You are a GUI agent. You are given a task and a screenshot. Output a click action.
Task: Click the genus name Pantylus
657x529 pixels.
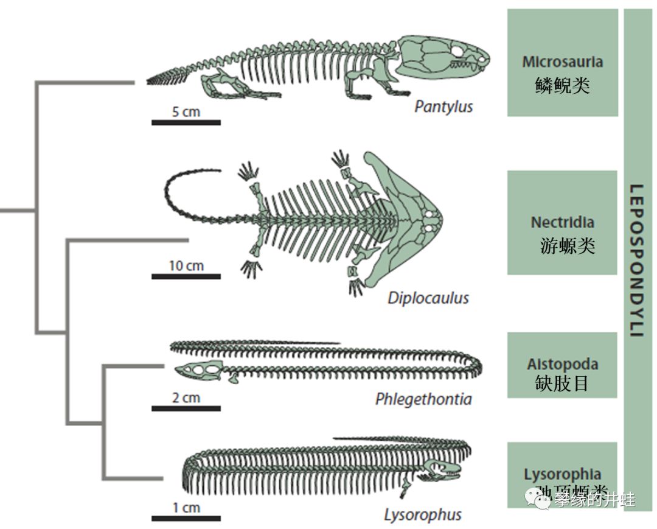(443, 107)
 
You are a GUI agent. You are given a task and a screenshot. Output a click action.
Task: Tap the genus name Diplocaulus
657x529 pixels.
(428, 298)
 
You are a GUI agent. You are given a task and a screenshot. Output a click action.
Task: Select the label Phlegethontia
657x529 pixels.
(423, 399)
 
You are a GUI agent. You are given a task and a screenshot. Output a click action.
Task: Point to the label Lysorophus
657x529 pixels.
(422, 514)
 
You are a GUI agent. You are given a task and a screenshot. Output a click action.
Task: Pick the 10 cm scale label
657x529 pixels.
(186, 266)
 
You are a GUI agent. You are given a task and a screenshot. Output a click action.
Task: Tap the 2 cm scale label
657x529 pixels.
(186, 398)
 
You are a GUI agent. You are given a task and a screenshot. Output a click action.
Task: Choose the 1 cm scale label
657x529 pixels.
(186, 508)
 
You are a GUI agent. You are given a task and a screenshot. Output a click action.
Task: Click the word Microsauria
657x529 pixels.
(562, 62)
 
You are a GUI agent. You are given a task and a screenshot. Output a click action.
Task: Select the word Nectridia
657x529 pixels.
(562, 222)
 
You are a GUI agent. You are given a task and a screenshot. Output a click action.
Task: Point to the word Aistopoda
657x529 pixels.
(562, 364)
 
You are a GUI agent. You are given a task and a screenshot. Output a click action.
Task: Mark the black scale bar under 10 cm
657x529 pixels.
(186, 276)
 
